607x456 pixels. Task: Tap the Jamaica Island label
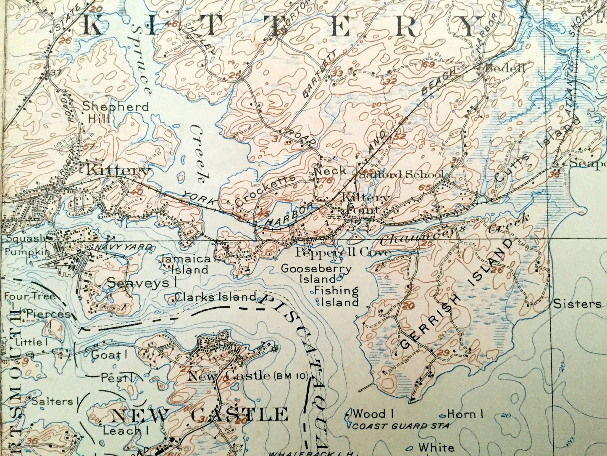[x=185, y=265]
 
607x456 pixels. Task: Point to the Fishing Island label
[x=336, y=296]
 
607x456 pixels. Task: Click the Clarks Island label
[x=215, y=297]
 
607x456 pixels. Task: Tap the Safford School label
[x=401, y=174]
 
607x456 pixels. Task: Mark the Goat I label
[x=109, y=355]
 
